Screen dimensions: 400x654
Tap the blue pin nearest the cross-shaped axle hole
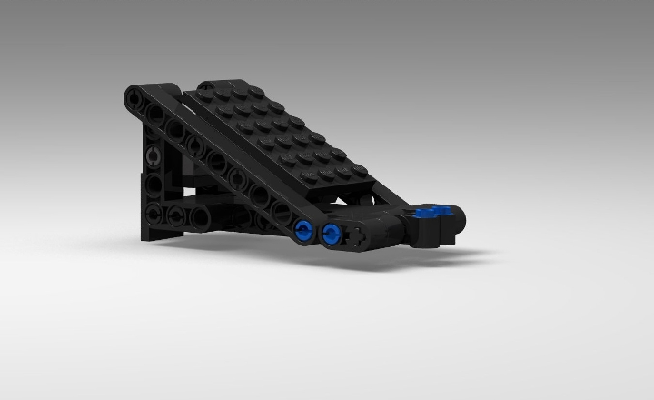tap(331, 235)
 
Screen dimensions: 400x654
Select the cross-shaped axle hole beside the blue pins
tap(360, 235)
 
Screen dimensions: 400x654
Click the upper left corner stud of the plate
tap(204, 86)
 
